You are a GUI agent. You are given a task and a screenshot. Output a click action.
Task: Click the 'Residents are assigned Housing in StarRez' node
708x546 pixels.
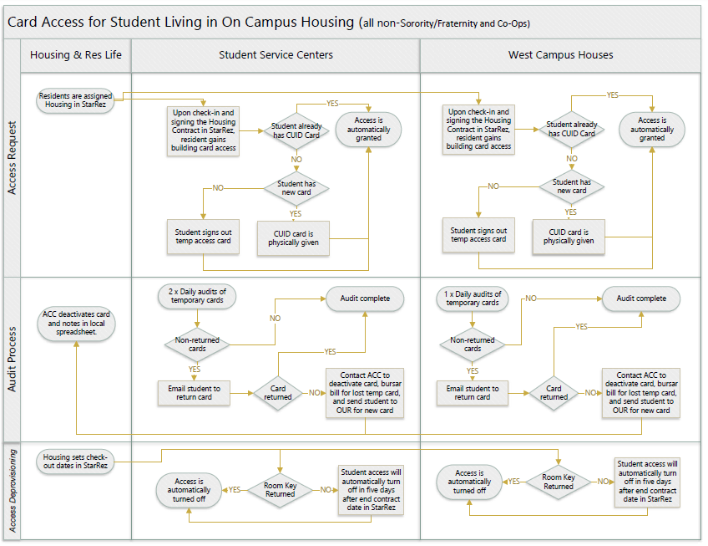[x=75, y=100]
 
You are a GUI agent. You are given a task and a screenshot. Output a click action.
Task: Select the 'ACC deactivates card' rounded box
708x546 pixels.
[x=76, y=323]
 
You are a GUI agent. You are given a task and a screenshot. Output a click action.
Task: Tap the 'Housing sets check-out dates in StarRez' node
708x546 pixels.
[x=75, y=462]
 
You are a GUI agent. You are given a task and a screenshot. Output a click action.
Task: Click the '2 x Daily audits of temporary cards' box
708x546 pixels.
[x=197, y=296]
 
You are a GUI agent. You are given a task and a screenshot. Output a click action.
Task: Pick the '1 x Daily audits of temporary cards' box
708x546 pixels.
[x=473, y=299]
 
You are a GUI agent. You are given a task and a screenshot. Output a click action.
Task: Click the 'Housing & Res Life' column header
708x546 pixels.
[x=76, y=55]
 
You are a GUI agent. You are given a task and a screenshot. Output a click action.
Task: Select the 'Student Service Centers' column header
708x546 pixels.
[x=276, y=55]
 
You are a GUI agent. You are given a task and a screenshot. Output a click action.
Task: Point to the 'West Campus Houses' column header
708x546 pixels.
[x=561, y=55]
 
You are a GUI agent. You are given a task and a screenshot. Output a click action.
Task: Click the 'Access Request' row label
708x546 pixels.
[x=13, y=158]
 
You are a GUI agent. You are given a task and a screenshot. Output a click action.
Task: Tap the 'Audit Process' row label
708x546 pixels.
[x=13, y=360]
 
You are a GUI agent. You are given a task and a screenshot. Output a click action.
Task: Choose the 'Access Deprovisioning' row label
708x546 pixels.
[x=13, y=490]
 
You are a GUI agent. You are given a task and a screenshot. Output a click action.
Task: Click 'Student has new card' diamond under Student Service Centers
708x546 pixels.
[x=296, y=188]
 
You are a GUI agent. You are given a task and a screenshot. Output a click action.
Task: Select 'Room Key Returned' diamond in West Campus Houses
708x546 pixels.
[x=559, y=482]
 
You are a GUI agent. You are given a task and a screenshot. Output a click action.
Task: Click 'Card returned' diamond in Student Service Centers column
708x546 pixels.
[x=278, y=393]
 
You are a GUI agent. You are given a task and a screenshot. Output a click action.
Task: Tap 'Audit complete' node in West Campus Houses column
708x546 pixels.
[x=641, y=299]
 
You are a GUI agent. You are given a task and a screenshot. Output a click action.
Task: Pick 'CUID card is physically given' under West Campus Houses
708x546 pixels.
[x=569, y=237]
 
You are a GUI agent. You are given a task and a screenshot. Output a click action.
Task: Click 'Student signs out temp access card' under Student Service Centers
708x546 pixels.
[x=203, y=237]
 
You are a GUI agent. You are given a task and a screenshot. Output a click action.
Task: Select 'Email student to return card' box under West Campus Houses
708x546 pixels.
[x=473, y=393]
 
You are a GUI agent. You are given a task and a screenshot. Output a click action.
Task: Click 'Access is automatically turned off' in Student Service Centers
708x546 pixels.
[x=189, y=490]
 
